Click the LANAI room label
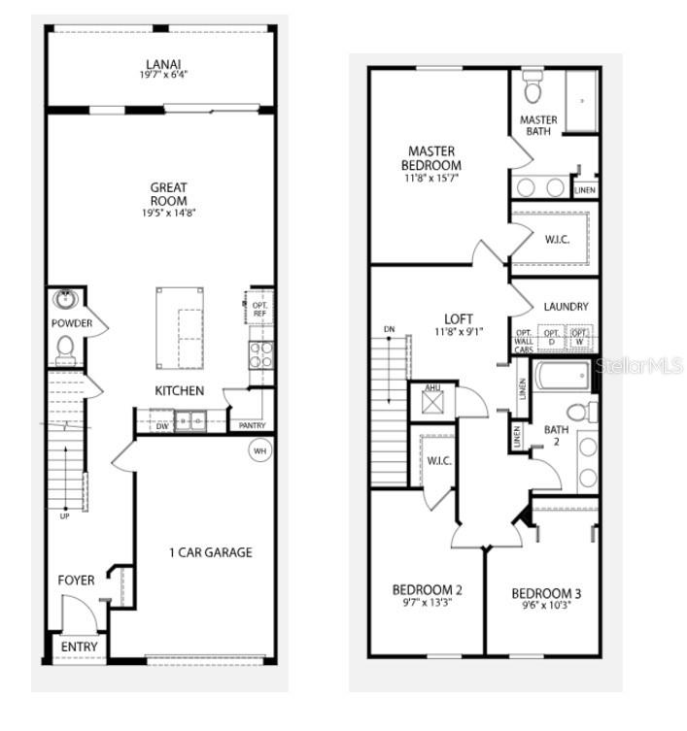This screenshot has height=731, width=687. click(x=162, y=64)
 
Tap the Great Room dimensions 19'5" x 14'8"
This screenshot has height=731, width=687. click(x=168, y=212)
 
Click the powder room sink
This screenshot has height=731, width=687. click(x=66, y=299)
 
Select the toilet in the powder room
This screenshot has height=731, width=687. click(x=66, y=346)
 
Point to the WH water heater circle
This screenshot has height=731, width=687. click(x=259, y=451)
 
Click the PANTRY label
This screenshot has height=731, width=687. click(x=252, y=425)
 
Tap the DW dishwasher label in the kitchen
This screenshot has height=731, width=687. click(x=161, y=424)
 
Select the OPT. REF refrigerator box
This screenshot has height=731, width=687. click(x=259, y=309)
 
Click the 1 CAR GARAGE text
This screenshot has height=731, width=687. click(x=210, y=552)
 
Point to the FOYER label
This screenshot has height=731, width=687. click(x=77, y=581)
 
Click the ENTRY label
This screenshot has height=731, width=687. click(x=79, y=647)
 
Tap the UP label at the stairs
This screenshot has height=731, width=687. click(x=65, y=515)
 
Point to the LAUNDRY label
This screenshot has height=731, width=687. click(x=566, y=307)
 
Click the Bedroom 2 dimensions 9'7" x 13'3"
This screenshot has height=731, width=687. click(x=427, y=602)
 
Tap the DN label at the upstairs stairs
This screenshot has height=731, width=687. click(x=390, y=328)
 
